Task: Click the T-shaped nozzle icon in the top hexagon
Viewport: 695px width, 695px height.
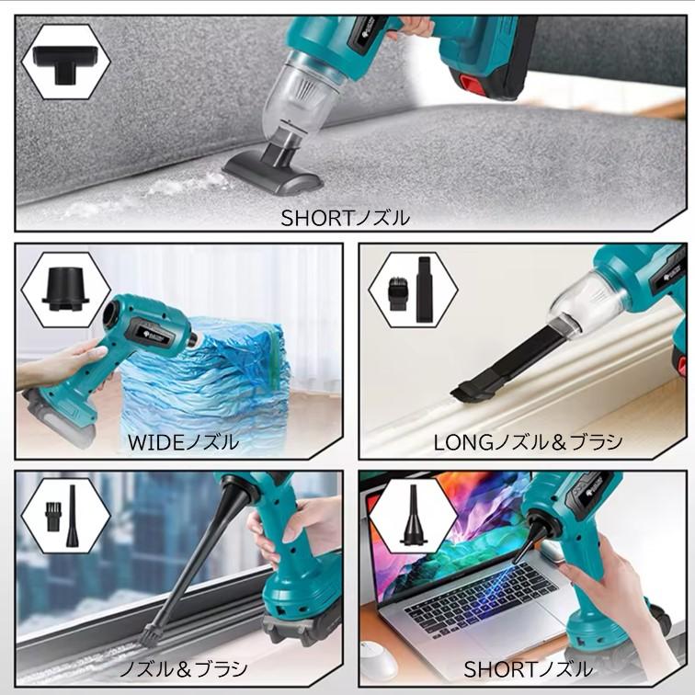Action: click(x=64, y=63)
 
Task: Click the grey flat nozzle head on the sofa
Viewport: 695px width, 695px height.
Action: click(x=273, y=174)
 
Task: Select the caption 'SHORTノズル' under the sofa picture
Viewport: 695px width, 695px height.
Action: click(x=346, y=218)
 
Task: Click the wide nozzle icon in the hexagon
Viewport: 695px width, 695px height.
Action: click(x=65, y=289)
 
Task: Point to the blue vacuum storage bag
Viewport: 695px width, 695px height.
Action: click(x=204, y=382)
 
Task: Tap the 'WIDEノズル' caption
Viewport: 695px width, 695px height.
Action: click(x=184, y=442)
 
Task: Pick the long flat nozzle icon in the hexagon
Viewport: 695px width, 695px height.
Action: click(x=423, y=289)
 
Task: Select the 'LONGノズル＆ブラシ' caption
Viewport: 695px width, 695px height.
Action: click(x=528, y=442)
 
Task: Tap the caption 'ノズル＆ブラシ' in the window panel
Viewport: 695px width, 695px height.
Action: click(x=184, y=669)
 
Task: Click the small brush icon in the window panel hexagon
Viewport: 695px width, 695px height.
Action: click(x=52, y=512)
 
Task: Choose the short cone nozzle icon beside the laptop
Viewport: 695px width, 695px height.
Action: click(x=413, y=514)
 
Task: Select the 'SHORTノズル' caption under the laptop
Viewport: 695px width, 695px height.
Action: click(x=528, y=669)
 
